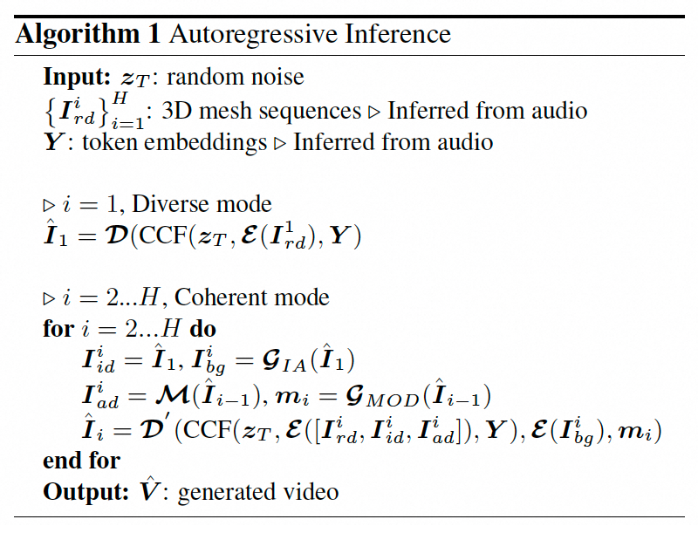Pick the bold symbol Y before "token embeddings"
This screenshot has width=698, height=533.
(52, 141)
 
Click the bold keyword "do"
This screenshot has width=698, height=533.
(203, 330)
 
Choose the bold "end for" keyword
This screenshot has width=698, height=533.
(81, 461)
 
